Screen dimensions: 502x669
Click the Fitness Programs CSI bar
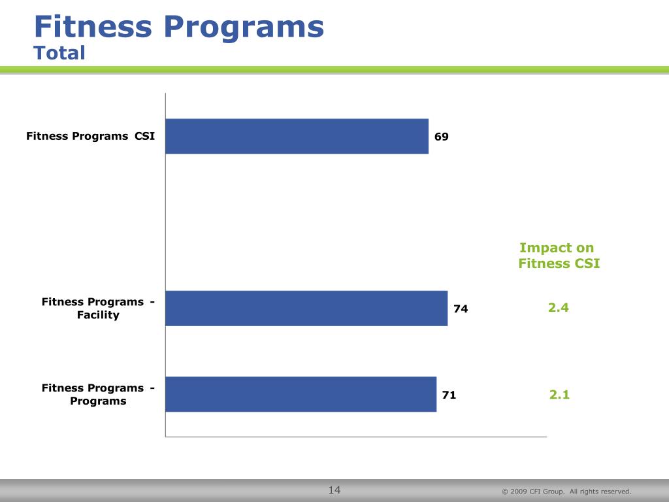pyautogui.click(x=297, y=136)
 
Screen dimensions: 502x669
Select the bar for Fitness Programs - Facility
pyautogui.click(x=306, y=308)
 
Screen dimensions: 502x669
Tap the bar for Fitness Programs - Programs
pyautogui.click(x=301, y=394)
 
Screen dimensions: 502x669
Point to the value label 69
pyautogui.click(x=442, y=137)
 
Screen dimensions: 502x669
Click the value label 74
pyautogui.click(x=461, y=309)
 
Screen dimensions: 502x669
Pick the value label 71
pyautogui.click(x=449, y=395)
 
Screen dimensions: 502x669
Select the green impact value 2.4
pyautogui.click(x=559, y=307)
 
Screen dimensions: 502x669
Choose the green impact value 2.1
pyautogui.click(x=559, y=394)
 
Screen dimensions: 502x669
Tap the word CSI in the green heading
pyautogui.click(x=586, y=263)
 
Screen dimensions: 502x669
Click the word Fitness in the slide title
pyautogui.click(x=93, y=27)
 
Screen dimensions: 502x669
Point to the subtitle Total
pyautogui.click(x=59, y=52)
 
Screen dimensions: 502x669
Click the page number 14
pyautogui.click(x=334, y=490)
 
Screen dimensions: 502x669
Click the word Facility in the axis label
pyautogui.click(x=98, y=315)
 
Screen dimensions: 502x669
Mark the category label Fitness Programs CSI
pyautogui.click(x=90, y=136)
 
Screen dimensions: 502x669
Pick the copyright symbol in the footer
pyautogui.click(x=504, y=492)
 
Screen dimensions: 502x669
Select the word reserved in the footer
pyautogui.click(x=616, y=492)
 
